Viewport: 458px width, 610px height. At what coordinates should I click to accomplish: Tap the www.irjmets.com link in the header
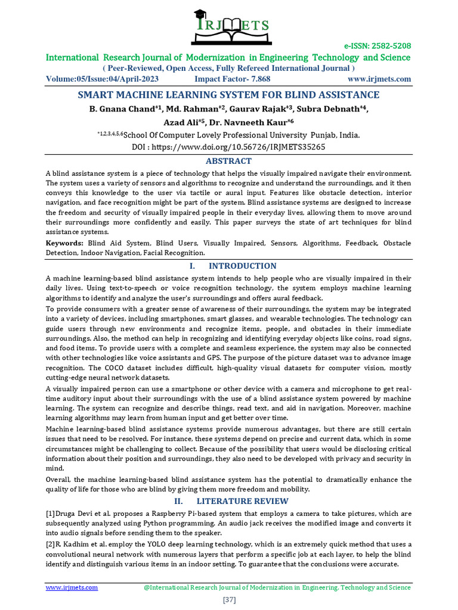pos(379,79)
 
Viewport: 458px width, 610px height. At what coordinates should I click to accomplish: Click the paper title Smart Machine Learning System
pos(228,95)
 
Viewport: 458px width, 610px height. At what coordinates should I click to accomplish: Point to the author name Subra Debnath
pos(336,109)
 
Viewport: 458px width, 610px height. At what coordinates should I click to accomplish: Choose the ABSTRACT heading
pos(228,161)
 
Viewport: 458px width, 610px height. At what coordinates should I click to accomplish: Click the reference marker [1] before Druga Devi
pos(51,513)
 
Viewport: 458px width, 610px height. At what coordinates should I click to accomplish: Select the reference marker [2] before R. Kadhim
pos(51,544)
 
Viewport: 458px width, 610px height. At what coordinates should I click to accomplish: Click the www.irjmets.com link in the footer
pos(72,587)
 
